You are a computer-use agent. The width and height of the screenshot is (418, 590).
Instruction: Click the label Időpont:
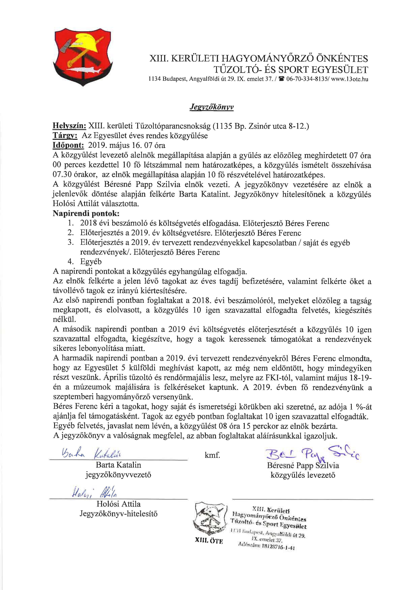point(68,146)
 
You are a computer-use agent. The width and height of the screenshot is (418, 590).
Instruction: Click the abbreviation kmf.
point(212,456)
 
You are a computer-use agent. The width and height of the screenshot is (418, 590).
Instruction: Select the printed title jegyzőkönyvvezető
point(118,475)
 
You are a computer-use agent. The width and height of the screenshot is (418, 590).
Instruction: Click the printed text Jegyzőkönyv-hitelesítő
point(118,514)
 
